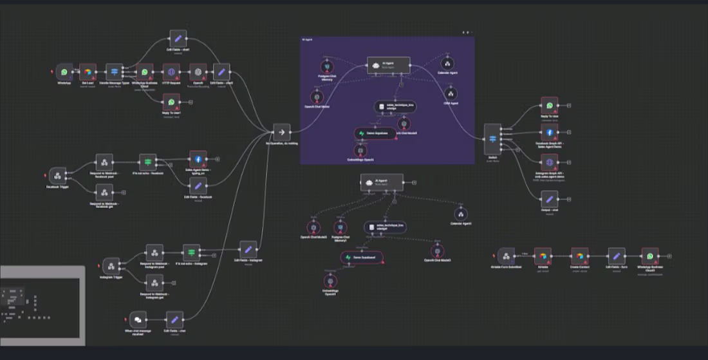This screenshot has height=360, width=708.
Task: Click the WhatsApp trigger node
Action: point(64,72)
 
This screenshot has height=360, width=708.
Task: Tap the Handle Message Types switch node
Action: point(114,72)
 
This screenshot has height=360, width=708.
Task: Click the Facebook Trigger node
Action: point(58,176)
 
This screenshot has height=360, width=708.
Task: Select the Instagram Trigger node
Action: point(111,266)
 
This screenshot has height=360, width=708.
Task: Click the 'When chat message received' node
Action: point(138,319)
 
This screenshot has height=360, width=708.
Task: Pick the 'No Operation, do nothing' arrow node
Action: point(281,132)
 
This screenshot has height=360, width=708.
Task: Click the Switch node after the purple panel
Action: point(492,138)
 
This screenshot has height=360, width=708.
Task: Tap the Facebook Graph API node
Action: point(550,132)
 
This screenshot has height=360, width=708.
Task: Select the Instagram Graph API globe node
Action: point(550,162)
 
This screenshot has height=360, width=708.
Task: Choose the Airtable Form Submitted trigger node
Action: point(507,256)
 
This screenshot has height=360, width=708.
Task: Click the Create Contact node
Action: point(580,256)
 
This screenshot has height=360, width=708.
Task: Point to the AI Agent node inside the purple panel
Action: point(388,64)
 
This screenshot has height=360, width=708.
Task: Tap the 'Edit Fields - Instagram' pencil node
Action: point(248,249)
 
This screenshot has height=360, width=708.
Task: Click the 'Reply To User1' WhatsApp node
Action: point(171,102)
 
